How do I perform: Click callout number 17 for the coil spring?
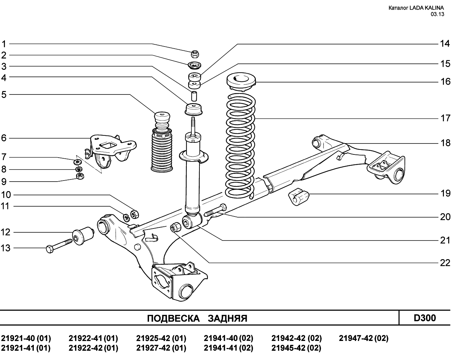pos(445,118)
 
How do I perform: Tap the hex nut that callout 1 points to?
pos(195,54)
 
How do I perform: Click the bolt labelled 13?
pos(59,246)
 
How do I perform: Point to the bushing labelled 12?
pos(83,236)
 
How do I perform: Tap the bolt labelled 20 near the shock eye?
pos(215,210)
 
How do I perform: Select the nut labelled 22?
pos(175,227)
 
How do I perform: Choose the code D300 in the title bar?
pos(425,318)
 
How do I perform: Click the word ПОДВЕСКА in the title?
pos(173,318)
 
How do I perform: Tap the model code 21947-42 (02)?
pos(364,338)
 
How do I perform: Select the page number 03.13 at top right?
pos(437,14)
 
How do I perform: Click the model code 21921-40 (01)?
pos(26,338)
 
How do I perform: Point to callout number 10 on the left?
pos(6,195)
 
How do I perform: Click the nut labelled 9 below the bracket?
pos(80,176)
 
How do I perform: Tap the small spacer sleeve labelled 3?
pos(194,96)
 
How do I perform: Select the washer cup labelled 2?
pos(195,65)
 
